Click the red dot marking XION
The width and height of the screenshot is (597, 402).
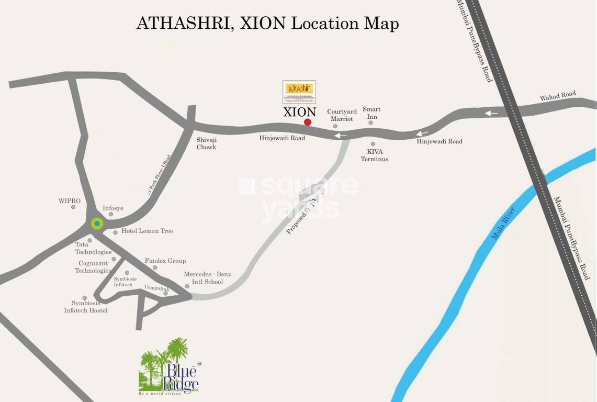click(308, 122)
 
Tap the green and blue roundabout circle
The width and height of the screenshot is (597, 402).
click(97, 224)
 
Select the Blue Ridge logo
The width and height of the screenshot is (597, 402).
click(169, 367)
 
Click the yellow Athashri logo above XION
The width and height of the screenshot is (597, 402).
click(299, 92)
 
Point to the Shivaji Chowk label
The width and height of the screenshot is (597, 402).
click(206, 143)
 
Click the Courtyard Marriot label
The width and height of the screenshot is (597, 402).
click(342, 115)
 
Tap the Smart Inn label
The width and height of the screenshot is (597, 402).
click(371, 113)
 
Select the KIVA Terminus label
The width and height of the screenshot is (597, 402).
click(375, 155)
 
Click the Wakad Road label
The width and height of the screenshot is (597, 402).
click(558, 96)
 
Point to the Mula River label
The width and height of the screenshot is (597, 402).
click(503, 224)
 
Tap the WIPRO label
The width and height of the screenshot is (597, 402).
click(70, 201)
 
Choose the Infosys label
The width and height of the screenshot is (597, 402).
click(113, 208)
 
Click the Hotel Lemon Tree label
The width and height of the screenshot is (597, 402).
click(147, 231)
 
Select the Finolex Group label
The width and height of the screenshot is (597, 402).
click(165, 261)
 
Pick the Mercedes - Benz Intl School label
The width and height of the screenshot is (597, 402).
click(207, 278)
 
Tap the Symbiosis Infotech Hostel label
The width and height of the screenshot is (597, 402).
click(86, 307)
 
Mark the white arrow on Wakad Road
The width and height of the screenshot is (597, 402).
click(491, 113)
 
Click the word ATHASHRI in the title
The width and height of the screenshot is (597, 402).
click(181, 24)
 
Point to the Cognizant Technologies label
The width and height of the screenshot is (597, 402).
click(93, 267)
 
